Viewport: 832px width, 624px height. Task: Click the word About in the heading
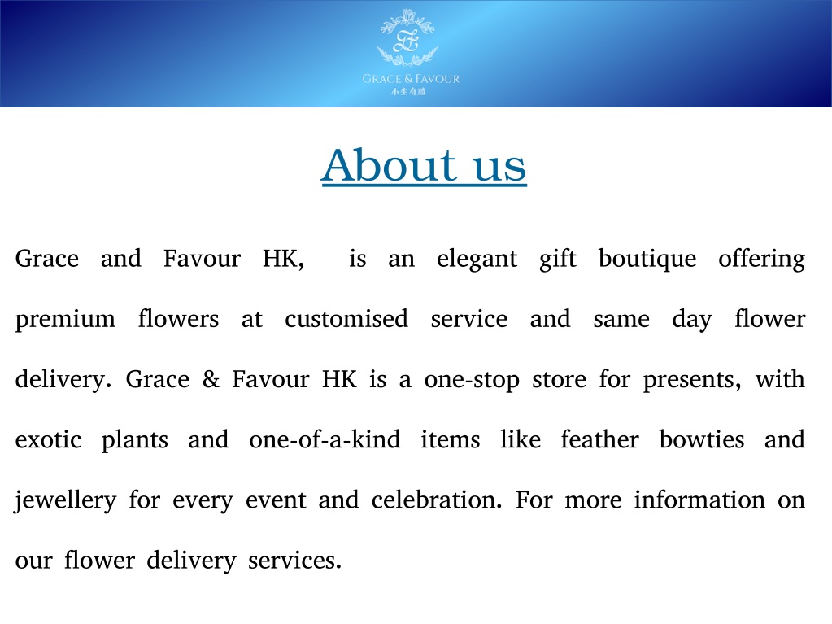tap(389, 165)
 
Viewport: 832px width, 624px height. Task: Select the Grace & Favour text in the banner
tap(411, 79)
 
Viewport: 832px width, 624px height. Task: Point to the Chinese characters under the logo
tap(408, 92)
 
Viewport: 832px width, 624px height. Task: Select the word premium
tap(65, 321)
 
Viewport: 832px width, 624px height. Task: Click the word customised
tap(346, 319)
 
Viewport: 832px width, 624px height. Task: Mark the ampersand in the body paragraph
tap(211, 379)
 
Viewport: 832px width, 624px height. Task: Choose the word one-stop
tap(473, 381)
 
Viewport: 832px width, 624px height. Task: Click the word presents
tap(692, 381)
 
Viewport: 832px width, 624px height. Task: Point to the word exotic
tap(48, 440)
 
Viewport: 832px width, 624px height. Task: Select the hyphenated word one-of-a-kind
tap(325, 439)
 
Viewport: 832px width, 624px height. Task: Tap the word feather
tap(600, 439)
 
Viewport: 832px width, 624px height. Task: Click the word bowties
tap(702, 439)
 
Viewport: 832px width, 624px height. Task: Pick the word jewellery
tap(65, 501)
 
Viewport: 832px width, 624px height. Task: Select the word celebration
tap(437, 500)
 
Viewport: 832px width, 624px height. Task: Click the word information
tap(700, 500)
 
